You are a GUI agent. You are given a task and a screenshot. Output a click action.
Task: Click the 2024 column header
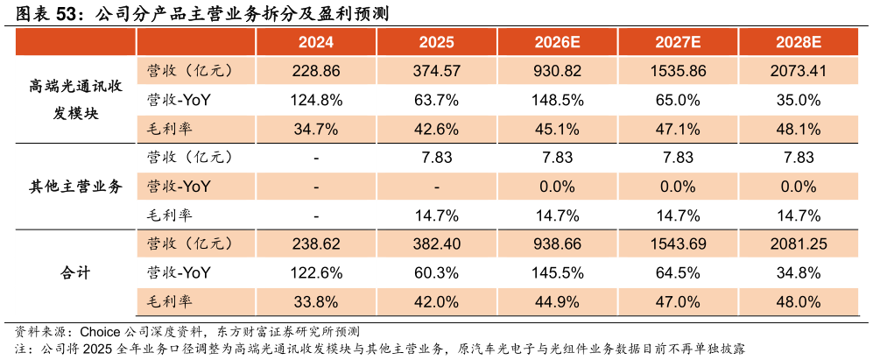[x=316, y=42]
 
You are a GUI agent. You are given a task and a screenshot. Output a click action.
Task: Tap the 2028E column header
[x=799, y=42]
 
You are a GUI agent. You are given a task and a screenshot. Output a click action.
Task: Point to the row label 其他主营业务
[x=75, y=187]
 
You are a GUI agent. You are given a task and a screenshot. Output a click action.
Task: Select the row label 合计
[x=75, y=273]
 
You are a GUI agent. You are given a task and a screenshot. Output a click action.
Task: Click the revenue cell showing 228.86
[x=316, y=71]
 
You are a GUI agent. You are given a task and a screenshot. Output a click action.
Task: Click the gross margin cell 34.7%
[x=316, y=130]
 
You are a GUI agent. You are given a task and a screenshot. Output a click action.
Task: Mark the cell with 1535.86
[x=678, y=71]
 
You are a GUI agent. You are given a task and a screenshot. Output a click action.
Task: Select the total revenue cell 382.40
[x=436, y=244]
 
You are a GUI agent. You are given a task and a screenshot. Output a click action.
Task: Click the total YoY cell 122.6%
[x=316, y=273]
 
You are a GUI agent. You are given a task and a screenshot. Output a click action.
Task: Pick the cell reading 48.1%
[x=799, y=130]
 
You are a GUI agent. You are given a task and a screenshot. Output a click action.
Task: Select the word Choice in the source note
[x=100, y=333]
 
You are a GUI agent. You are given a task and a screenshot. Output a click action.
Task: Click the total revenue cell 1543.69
[x=678, y=244]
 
